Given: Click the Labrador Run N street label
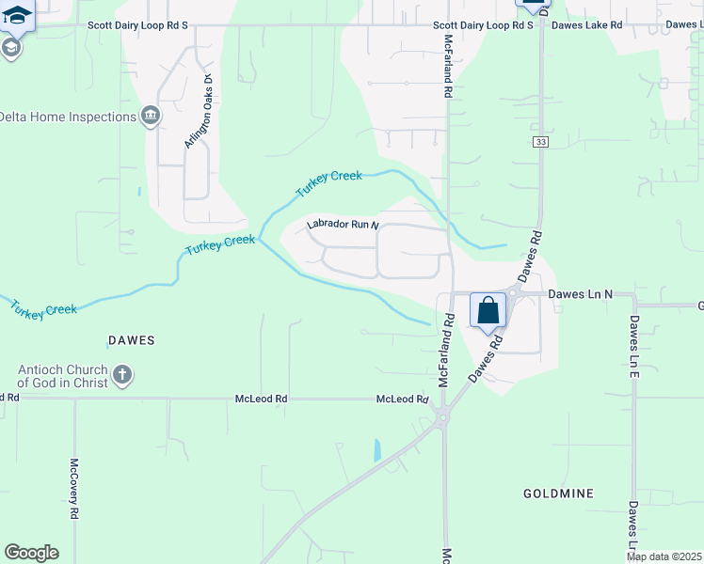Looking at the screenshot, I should click(x=342, y=225).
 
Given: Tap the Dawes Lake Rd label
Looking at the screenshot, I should click(x=586, y=25).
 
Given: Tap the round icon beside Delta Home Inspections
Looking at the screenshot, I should click(x=150, y=117).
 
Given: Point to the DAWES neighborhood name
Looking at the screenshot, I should click(x=130, y=339).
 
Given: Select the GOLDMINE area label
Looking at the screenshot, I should click(x=558, y=493).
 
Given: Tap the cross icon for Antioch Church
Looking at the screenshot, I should click(x=121, y=376).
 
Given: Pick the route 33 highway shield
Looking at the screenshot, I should click(x=539, y=142).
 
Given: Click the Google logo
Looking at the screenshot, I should click(x=31, y=553).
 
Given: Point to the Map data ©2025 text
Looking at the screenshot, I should click(x=663, y=556).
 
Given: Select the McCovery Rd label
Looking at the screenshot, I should click(x=73, y=489).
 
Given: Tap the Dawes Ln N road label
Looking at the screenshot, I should click(x=580, y=294).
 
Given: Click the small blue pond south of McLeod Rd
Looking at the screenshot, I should click(x=377, y=449).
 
